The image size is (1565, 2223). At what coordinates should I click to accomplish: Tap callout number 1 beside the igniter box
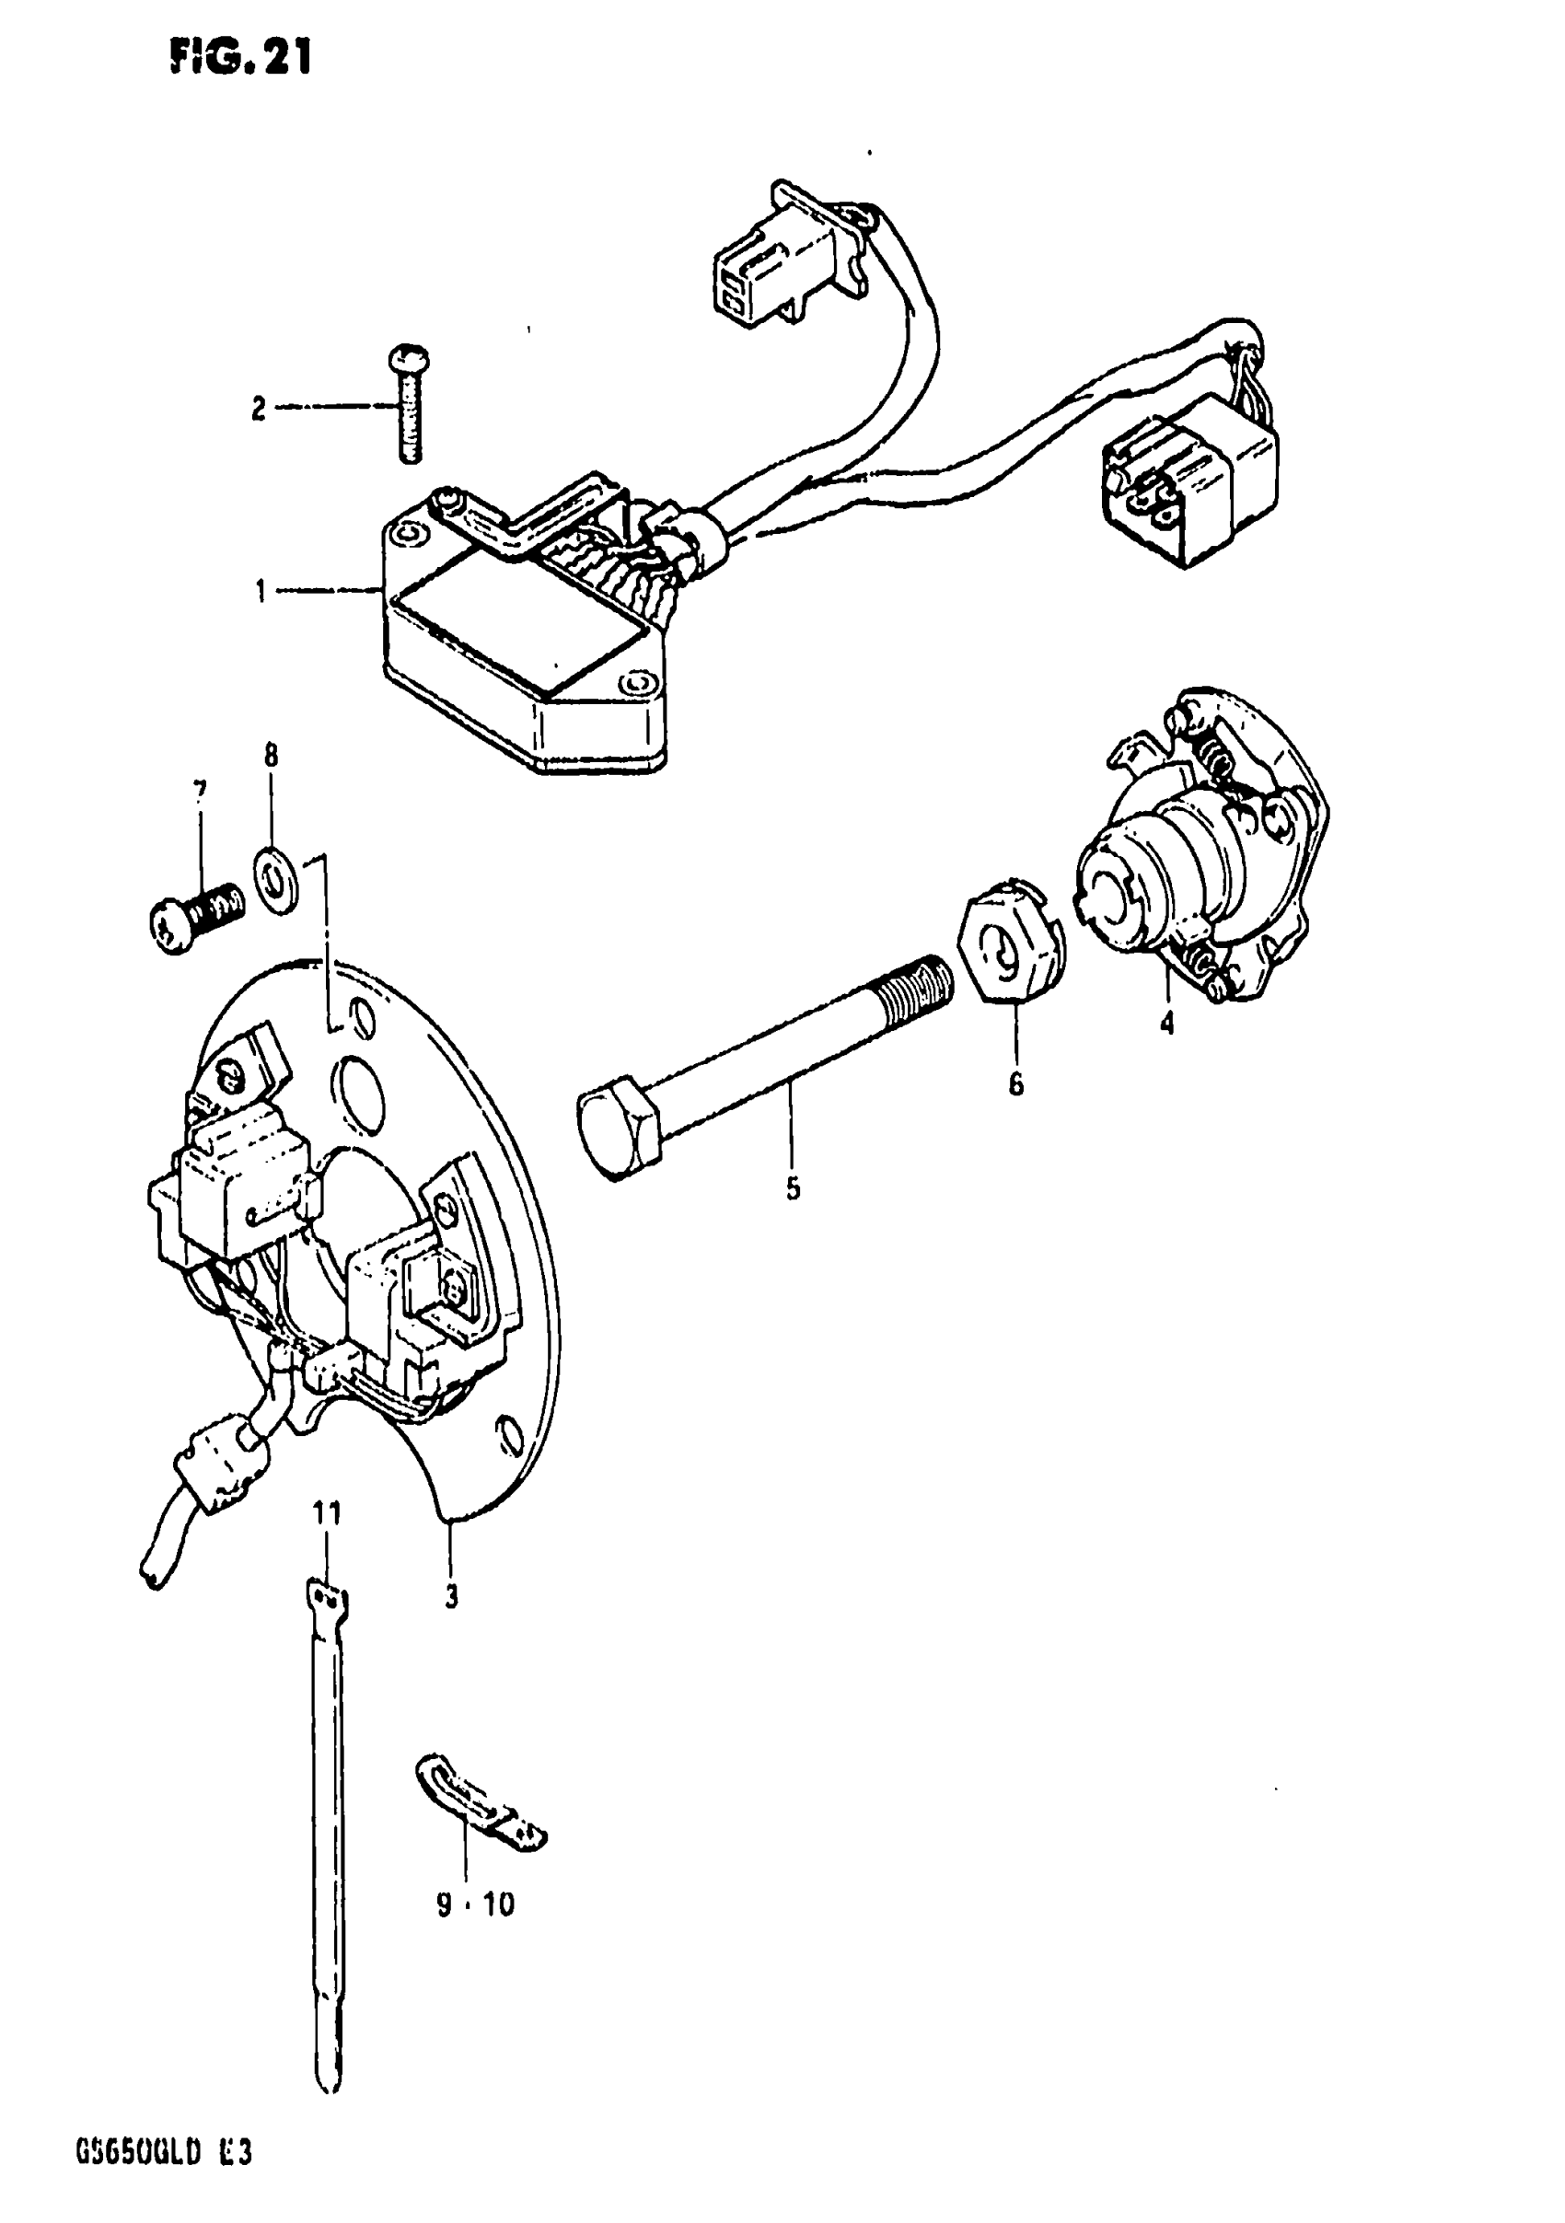tap(261, 591)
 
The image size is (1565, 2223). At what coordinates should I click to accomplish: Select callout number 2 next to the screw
tap(258, 409)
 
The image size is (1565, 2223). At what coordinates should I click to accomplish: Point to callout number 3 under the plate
tap(451, 1596)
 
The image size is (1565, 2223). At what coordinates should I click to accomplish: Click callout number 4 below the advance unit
tap(1167, 1022)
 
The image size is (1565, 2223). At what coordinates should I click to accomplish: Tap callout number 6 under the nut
tap(1014, 1084)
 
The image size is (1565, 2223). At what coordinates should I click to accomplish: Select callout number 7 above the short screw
tap(200, 791)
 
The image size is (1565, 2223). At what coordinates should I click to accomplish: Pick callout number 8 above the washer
tap(271, 755)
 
